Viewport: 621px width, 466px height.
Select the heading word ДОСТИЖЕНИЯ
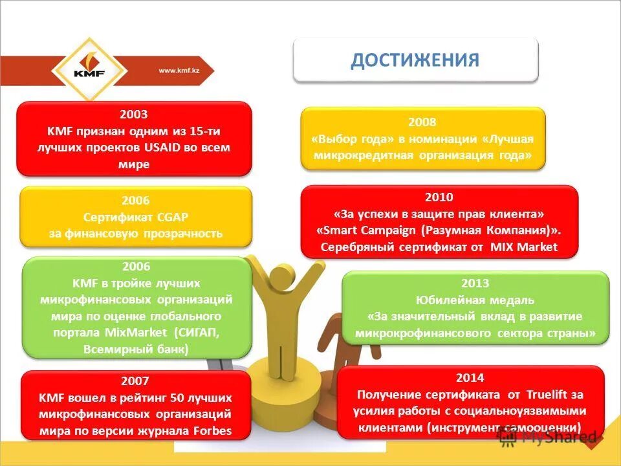pyautogui.click(x=415, y=60)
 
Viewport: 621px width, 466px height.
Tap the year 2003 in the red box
pyautogui.click(x=134, y=114)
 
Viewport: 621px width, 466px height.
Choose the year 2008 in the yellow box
pyautogui.click(x=422, y=122)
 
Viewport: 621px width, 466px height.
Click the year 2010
pyautogui.click(x=439, y=197)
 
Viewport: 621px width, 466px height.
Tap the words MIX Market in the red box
pyautogui.click(x=524, y=247)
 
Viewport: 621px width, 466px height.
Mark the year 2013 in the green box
pyautogui.click(x=475, y=283)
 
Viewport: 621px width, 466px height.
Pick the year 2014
pyautogui.click(x=470, y=377)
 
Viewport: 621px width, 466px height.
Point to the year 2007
pyautogui.click(x=135, y=381)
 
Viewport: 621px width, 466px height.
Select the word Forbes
pyautogui.click(x=211, y=431)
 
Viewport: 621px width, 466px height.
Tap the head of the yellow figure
pyautogui.click(x=283, y=271)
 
